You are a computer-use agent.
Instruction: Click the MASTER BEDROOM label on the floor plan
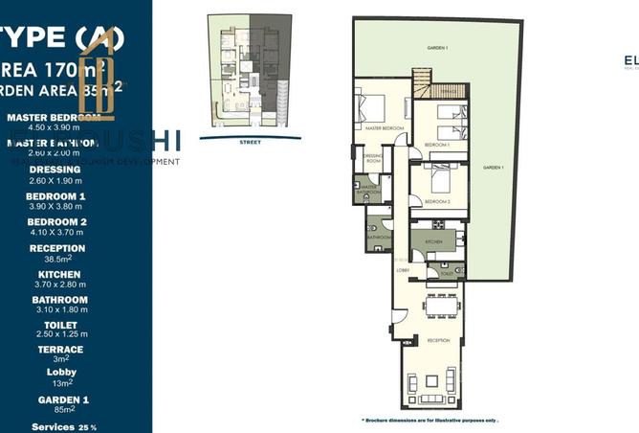(381, 127)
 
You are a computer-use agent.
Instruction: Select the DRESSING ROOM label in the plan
(372, 160)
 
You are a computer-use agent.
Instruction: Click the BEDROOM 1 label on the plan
(438, 145)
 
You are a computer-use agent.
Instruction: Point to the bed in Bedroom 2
(437, 177)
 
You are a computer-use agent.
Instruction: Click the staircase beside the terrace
(421, 81)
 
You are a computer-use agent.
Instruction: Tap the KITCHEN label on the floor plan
(434, 242)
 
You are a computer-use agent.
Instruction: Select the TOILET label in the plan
(447, 272)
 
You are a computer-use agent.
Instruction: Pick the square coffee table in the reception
(431, 381)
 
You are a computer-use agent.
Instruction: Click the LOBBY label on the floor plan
(403, 271)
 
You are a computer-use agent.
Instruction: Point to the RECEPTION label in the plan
(438, 340)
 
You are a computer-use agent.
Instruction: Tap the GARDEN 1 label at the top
(438, 48)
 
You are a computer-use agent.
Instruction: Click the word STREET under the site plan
(251, 141)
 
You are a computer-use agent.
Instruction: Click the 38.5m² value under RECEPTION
(56, 258)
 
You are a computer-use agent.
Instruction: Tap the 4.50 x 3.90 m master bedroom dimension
(56, 126)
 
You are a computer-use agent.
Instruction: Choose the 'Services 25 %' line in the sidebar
(64, 426)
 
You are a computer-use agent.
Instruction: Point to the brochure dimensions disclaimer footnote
(430, 421)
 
